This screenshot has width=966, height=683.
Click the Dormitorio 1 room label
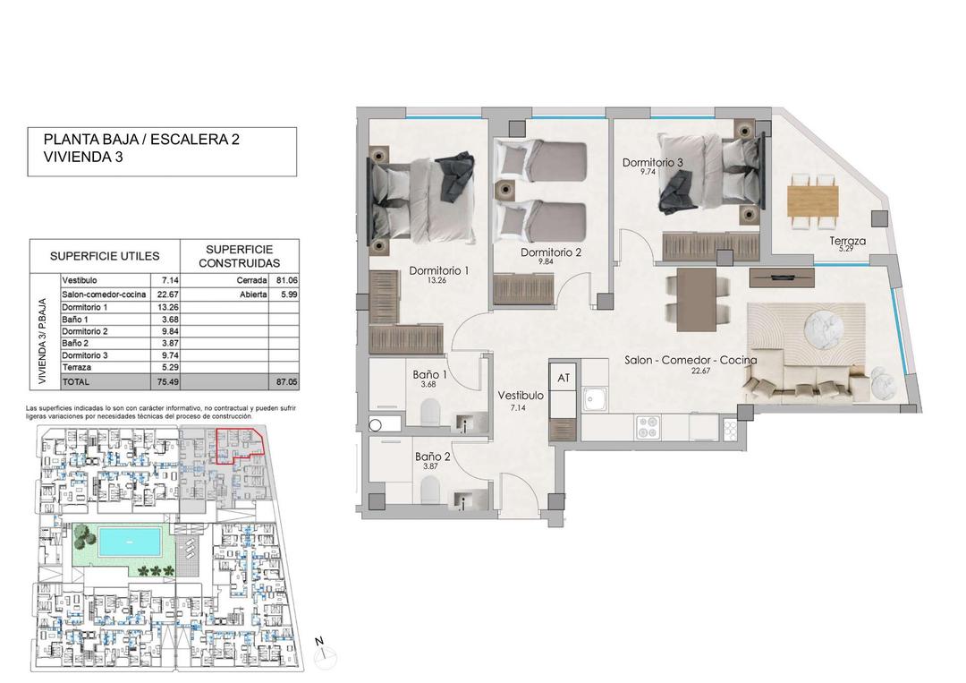click(x=438, y=270)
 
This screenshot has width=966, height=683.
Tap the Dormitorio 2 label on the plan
click(x=551, y=252)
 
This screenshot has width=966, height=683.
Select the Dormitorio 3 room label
click(x=653, y=162)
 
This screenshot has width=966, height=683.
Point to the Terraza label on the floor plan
click(x=848, y=241)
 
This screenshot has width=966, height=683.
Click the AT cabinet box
click(x=563, y=379)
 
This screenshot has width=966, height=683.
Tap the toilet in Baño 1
click(x=430, y=414)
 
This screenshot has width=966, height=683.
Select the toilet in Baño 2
click(x=430, y=490)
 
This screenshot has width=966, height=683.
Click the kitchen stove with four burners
click(x=648, y=428)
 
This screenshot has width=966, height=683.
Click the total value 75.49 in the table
click(x=164, y=380)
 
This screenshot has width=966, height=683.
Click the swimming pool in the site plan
click(x=130, y=542)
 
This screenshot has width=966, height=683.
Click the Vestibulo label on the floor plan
click(x=521, y=395)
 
